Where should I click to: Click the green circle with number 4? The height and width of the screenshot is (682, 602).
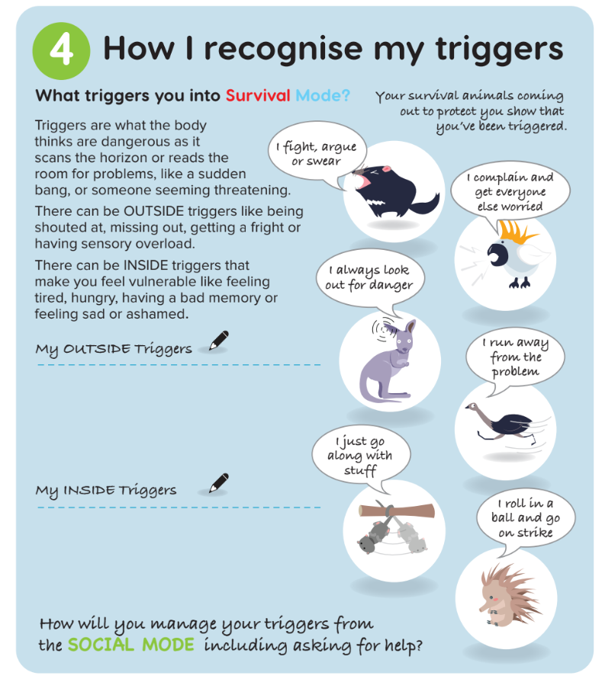[61, 51]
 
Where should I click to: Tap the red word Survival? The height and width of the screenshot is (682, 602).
[258, 95]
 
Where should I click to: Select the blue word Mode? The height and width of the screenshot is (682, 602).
[323, 95]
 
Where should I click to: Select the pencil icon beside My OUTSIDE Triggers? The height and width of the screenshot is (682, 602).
[219, 341]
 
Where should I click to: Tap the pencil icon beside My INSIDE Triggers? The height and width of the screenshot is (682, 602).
[219, 483]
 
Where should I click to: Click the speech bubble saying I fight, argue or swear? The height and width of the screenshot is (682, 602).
[317, 153]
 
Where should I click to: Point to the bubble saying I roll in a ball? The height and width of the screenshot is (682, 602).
[526, 519]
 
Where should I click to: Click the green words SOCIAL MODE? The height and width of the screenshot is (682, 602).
[131, 645]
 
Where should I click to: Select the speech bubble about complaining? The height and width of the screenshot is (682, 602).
[510, 192]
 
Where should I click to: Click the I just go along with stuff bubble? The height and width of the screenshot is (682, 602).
[361, 456]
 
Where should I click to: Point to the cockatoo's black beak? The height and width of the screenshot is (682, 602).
[496, 255]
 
